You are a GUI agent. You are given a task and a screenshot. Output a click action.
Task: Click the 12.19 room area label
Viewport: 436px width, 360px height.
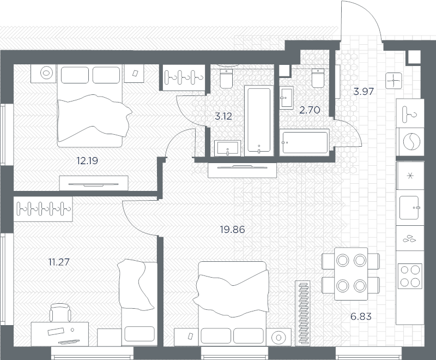87,161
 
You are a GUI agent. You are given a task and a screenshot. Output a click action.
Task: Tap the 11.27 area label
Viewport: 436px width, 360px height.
59,262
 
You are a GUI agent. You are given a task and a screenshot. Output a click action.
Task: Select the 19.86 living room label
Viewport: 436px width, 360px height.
233,230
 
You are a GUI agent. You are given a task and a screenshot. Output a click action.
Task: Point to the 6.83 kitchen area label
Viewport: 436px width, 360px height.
361,316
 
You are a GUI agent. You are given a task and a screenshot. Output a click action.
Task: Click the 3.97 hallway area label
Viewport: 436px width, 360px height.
364,91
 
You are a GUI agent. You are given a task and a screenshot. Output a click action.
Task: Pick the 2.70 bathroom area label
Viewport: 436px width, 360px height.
310,110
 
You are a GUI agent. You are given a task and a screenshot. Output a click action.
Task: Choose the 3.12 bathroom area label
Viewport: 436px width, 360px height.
223,116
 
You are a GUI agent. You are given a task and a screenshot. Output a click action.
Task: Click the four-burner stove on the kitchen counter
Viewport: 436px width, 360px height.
410,276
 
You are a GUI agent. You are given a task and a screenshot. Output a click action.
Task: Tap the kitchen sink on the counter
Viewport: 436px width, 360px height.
409,208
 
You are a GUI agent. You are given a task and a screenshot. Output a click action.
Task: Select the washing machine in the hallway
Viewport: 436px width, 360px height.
410,142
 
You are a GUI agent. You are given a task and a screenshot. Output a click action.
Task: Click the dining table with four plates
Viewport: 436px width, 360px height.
351,274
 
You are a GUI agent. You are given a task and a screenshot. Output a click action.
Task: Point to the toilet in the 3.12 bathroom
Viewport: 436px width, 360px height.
226,79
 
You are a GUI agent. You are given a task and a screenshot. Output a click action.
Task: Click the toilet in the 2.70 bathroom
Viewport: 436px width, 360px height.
318,78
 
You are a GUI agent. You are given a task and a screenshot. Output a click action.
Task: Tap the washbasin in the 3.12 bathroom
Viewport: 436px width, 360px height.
228,148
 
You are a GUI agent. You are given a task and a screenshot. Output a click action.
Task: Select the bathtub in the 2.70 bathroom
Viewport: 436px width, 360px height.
305,142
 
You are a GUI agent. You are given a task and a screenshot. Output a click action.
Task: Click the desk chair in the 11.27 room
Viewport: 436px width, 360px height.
60,312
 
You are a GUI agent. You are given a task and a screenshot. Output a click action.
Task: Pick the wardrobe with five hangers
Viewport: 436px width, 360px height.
44,209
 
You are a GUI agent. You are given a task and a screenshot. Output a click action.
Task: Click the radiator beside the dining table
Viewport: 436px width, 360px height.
303,313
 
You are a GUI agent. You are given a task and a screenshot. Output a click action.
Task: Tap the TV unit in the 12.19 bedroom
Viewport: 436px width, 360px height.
94,183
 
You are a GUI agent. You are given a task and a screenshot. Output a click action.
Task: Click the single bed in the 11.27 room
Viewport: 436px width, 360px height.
137,303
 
